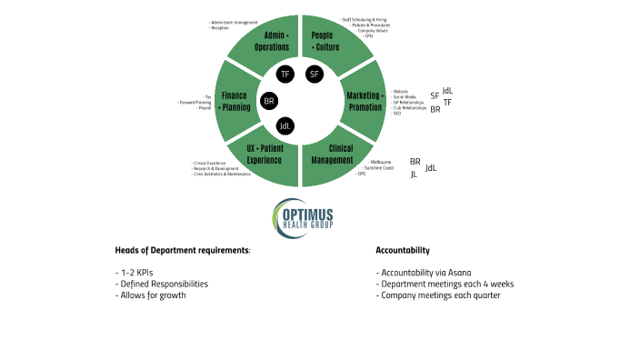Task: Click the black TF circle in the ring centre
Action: coord(285,74)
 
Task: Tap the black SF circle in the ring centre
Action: coord(315,74)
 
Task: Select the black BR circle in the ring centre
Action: coord(269,101)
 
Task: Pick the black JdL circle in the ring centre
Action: coord(285,125)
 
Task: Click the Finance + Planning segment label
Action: coord(235,101)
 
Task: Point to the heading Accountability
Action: coord(403,249)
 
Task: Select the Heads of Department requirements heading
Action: coord(183,249)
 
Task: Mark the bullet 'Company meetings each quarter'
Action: coord(437,295)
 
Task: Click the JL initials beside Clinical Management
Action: coord(414,174)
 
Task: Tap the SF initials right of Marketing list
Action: coord(435,95)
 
